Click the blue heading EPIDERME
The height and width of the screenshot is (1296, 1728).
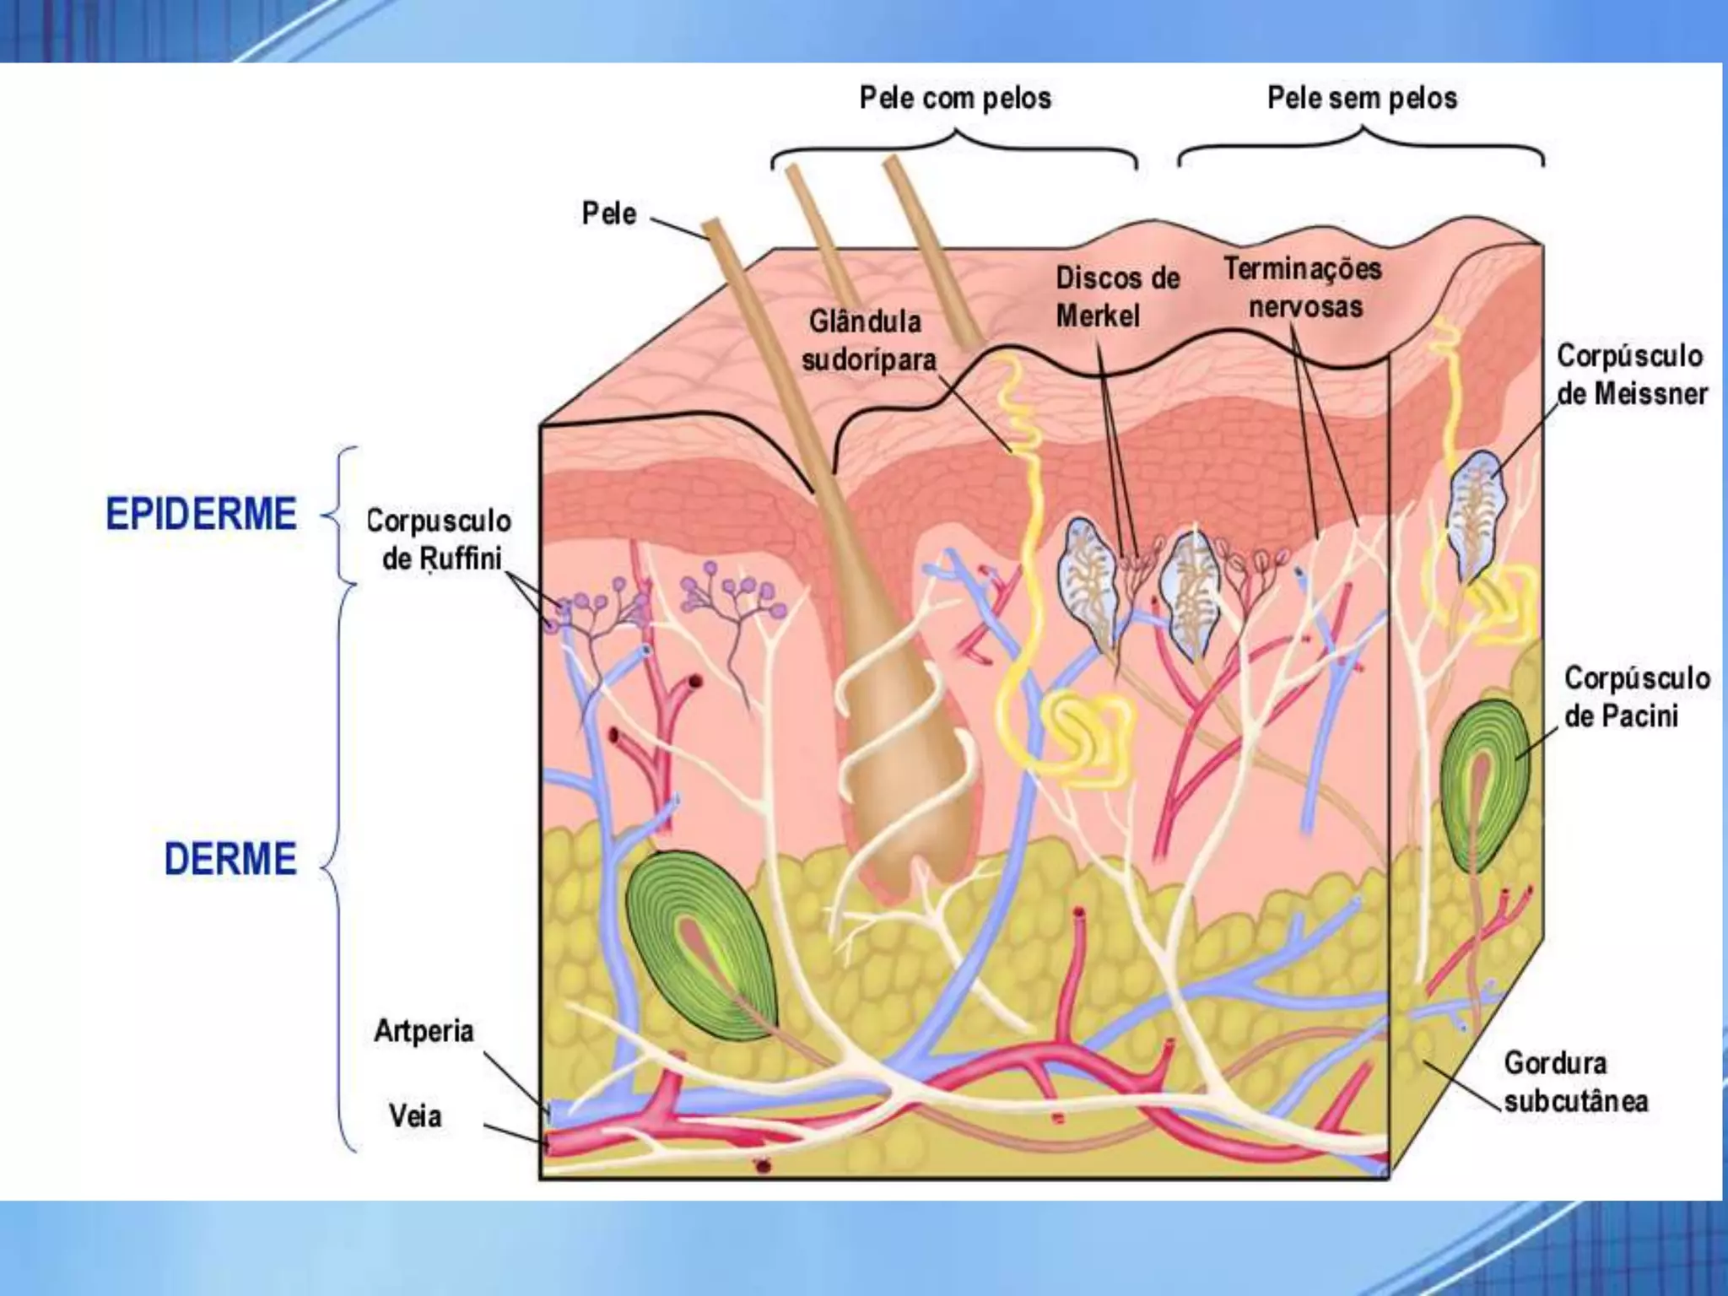201,514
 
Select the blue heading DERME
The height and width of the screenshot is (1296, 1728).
230,859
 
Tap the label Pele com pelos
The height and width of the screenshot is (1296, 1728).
955,99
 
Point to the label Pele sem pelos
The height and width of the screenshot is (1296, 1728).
1362,99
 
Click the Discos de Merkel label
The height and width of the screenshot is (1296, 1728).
1115,297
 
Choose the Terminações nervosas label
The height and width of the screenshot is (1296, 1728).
1304,288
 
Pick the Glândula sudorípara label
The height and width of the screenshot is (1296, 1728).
868,341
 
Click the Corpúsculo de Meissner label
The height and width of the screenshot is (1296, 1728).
1631,375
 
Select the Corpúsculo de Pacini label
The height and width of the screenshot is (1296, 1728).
1636,697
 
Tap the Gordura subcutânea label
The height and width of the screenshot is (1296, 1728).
1574,1082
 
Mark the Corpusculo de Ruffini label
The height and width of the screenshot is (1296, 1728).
440,540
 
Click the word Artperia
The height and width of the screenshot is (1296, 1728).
424,1031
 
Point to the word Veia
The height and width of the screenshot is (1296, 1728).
414,1116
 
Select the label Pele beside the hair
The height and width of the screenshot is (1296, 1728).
608,213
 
